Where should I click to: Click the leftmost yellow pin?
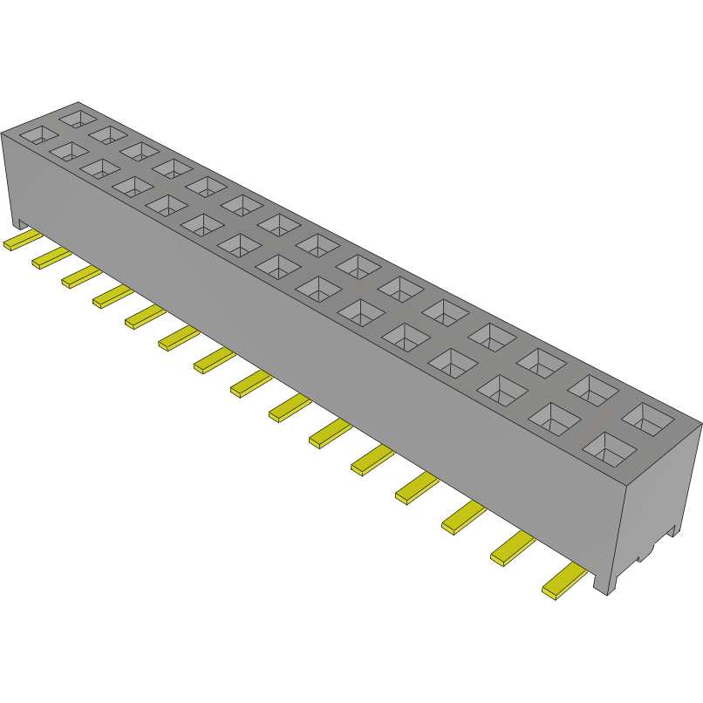pyautogui.click(x=17, y=242)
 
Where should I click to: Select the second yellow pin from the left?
pyautogui.click(x=51, y=257)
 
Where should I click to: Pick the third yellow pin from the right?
pyautogui.click(x=463, y=518)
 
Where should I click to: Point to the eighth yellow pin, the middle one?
pyautogui.click(x=251, y=383)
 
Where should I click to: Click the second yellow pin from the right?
pyautogui.click(x=513, y=550)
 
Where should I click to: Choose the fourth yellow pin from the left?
pyautogui.click(x=112, y=297)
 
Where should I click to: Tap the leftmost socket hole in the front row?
pyautogui.click(x=38, y=135)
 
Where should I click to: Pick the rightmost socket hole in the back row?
pyautogui.click(x=649, y=420)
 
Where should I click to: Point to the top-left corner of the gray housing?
pyautogui.click(x=3, y=133)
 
